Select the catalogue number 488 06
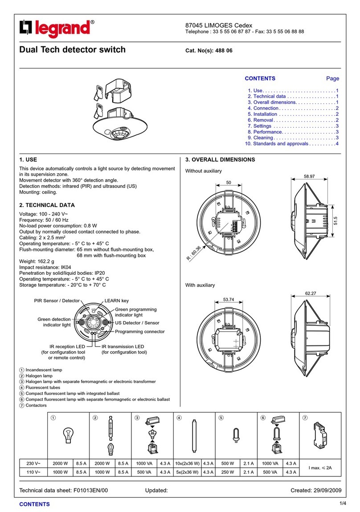[x=224, y=51]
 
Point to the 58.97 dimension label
[x=309, y=176]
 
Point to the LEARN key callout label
[x=117, y=301]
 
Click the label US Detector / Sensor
[x=137, y=323]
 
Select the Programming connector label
[x=140, y=332]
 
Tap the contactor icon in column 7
[x=319, y=436]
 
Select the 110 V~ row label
[x=33, y=471]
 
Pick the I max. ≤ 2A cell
[x=320, y=467]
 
